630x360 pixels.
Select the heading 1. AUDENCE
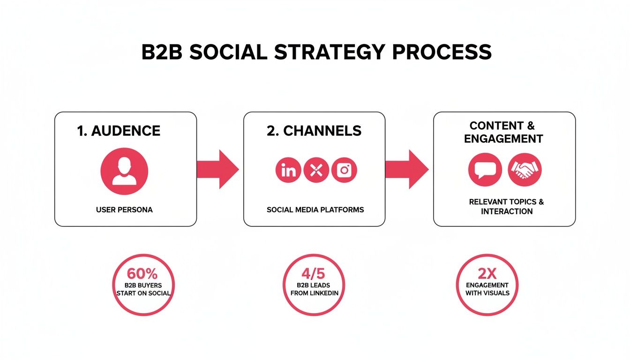click(119, 131)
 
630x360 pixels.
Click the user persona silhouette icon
click(124, 171)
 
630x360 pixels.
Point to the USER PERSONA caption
click(124, 210)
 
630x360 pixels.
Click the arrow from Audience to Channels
click(217, 169)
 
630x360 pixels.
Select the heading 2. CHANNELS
click(314, 131)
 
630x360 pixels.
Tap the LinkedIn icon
click(288, 170)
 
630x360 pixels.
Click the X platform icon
click(316, 170)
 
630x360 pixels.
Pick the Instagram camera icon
click(344, 170)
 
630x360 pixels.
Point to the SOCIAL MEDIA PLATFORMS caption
click(315, 210)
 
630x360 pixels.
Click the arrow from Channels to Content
click(406, 169)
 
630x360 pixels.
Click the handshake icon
click(525, 169)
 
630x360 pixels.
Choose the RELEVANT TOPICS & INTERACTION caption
click(506, 206)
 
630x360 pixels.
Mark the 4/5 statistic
click(314, 273)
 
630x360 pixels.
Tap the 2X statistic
click(487, 273)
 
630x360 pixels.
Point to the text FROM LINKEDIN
click(314, 293)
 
